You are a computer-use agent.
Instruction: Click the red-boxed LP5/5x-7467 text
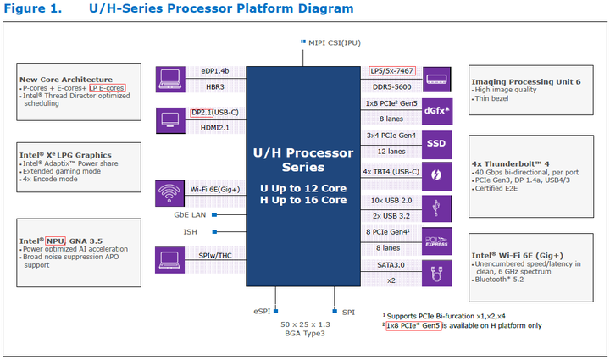[393, 71]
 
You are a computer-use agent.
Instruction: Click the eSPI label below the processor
[263, 313]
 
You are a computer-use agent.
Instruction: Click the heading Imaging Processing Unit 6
[525, 81]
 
